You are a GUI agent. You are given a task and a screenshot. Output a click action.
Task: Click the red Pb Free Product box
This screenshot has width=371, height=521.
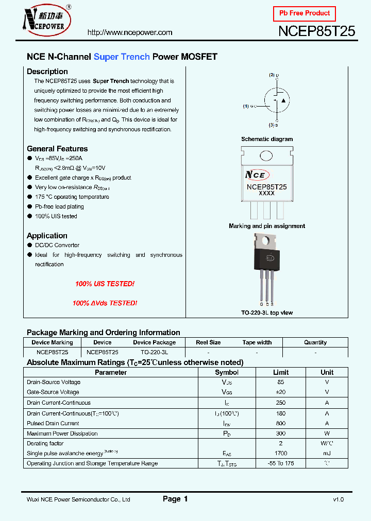(304, 13)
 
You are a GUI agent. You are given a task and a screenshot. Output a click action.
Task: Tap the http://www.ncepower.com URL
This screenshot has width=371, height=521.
(130, 32)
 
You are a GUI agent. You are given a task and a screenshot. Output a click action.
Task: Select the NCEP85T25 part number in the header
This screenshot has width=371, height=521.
(316, 31)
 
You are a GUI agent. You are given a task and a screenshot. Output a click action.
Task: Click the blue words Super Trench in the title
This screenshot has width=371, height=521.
(122, 57)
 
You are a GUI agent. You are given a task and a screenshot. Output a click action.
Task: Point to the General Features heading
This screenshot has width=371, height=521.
(57, 149)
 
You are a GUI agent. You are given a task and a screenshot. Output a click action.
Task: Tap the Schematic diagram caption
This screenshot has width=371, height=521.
(267, 139)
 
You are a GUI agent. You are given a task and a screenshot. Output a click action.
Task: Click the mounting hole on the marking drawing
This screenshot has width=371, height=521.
(266, 155)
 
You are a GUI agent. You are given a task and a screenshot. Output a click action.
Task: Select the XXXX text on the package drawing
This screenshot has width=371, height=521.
(266, 193)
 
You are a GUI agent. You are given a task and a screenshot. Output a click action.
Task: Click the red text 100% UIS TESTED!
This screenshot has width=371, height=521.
(105, 284)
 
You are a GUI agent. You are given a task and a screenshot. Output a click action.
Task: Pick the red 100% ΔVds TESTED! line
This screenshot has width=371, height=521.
(105, 303)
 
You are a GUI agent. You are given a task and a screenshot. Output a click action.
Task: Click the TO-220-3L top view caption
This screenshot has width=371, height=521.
(267, 313)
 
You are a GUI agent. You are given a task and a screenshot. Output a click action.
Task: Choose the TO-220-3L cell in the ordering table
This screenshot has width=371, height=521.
(154, 352)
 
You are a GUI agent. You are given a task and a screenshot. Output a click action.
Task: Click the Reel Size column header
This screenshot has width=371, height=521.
(208, 342)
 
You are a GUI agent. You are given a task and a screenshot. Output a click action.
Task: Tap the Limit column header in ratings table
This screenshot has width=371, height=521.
(281, 372)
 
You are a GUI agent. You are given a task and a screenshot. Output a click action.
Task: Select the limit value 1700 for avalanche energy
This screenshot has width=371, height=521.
(281, 454)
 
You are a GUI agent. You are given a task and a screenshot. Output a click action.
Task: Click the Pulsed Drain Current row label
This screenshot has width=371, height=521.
(53, 423)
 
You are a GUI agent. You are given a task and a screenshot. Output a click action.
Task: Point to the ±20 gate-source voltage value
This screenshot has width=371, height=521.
(281, 392)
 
